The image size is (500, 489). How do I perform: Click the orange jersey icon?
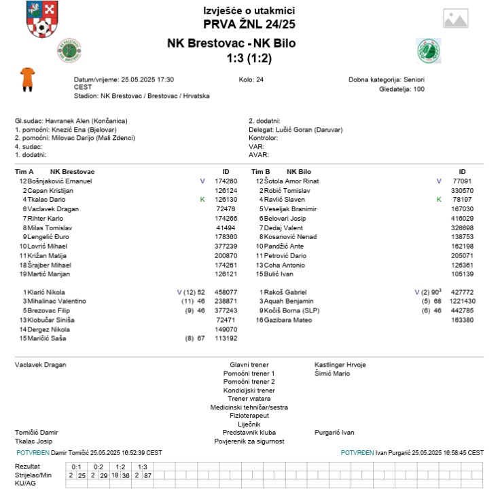(28, 79)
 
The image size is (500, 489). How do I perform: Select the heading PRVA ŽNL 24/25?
(249, 25)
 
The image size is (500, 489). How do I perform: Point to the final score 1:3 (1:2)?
(249, 58)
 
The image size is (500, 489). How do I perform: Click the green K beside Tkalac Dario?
(202, 200)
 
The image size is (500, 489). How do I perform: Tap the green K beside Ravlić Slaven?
(439, 200)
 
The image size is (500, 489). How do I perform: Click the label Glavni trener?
(249, 365)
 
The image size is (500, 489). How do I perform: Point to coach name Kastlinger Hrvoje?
(340, 365)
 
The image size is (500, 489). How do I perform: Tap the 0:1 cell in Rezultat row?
(76, 467)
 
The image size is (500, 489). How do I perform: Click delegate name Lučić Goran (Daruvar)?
(309, 129)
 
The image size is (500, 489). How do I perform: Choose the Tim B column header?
(261, 172)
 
